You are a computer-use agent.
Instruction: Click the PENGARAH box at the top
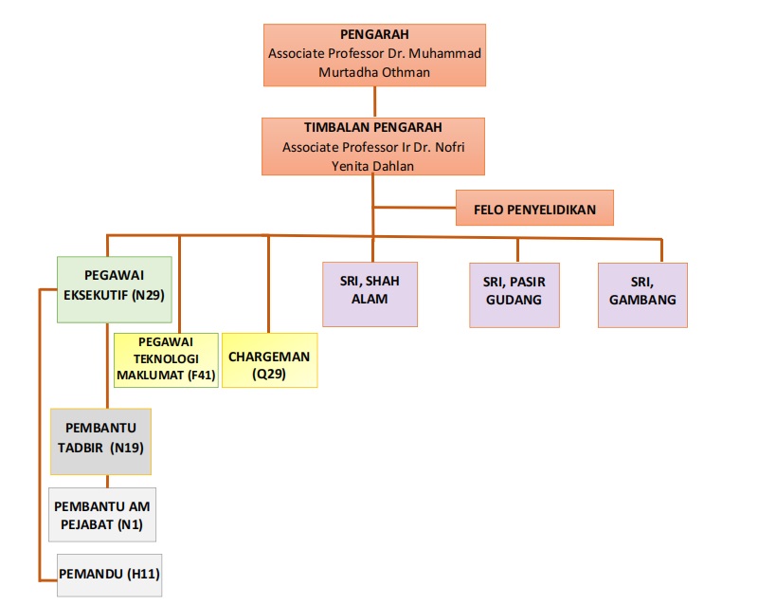pos(374,54)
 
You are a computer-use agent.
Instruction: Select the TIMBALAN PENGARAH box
pos(374,146)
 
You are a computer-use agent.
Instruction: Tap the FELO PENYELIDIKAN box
pos(534,209)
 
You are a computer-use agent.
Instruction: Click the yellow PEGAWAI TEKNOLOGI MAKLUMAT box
pos(165,360)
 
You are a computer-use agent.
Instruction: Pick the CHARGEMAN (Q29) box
pos(269,360)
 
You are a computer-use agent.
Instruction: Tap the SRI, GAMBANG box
pos(642,292)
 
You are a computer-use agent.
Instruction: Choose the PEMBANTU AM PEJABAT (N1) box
pos(100,515)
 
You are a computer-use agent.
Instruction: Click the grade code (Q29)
pos(269,373)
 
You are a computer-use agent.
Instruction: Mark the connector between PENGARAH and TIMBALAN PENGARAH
pos(374,101)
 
